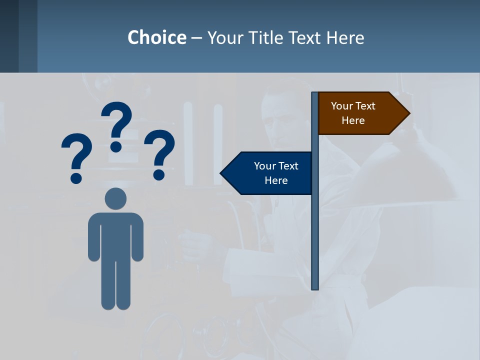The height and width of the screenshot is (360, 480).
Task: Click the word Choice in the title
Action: tap(156, 37)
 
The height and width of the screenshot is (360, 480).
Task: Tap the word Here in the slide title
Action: tap(345, 37)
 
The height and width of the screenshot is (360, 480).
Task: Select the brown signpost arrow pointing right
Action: tap(360, 113)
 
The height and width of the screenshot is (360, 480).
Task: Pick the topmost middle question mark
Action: tap(117, 120)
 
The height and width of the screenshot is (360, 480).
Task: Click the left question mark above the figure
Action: tap(77, 152)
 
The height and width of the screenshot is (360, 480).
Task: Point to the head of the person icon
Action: tap(115, 198)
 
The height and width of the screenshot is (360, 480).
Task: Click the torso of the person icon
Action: tap(115, 235)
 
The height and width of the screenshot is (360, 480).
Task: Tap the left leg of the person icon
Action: tap(108, 285)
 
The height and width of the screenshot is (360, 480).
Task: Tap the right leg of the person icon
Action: tap(123, 285)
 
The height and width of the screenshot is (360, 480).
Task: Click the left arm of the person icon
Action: tap(93, 240)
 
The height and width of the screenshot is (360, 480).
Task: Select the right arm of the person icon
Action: tap(137, 240)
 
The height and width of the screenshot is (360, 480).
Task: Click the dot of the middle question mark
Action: tap(116, 146)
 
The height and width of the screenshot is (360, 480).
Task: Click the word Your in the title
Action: tap(224, 37)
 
